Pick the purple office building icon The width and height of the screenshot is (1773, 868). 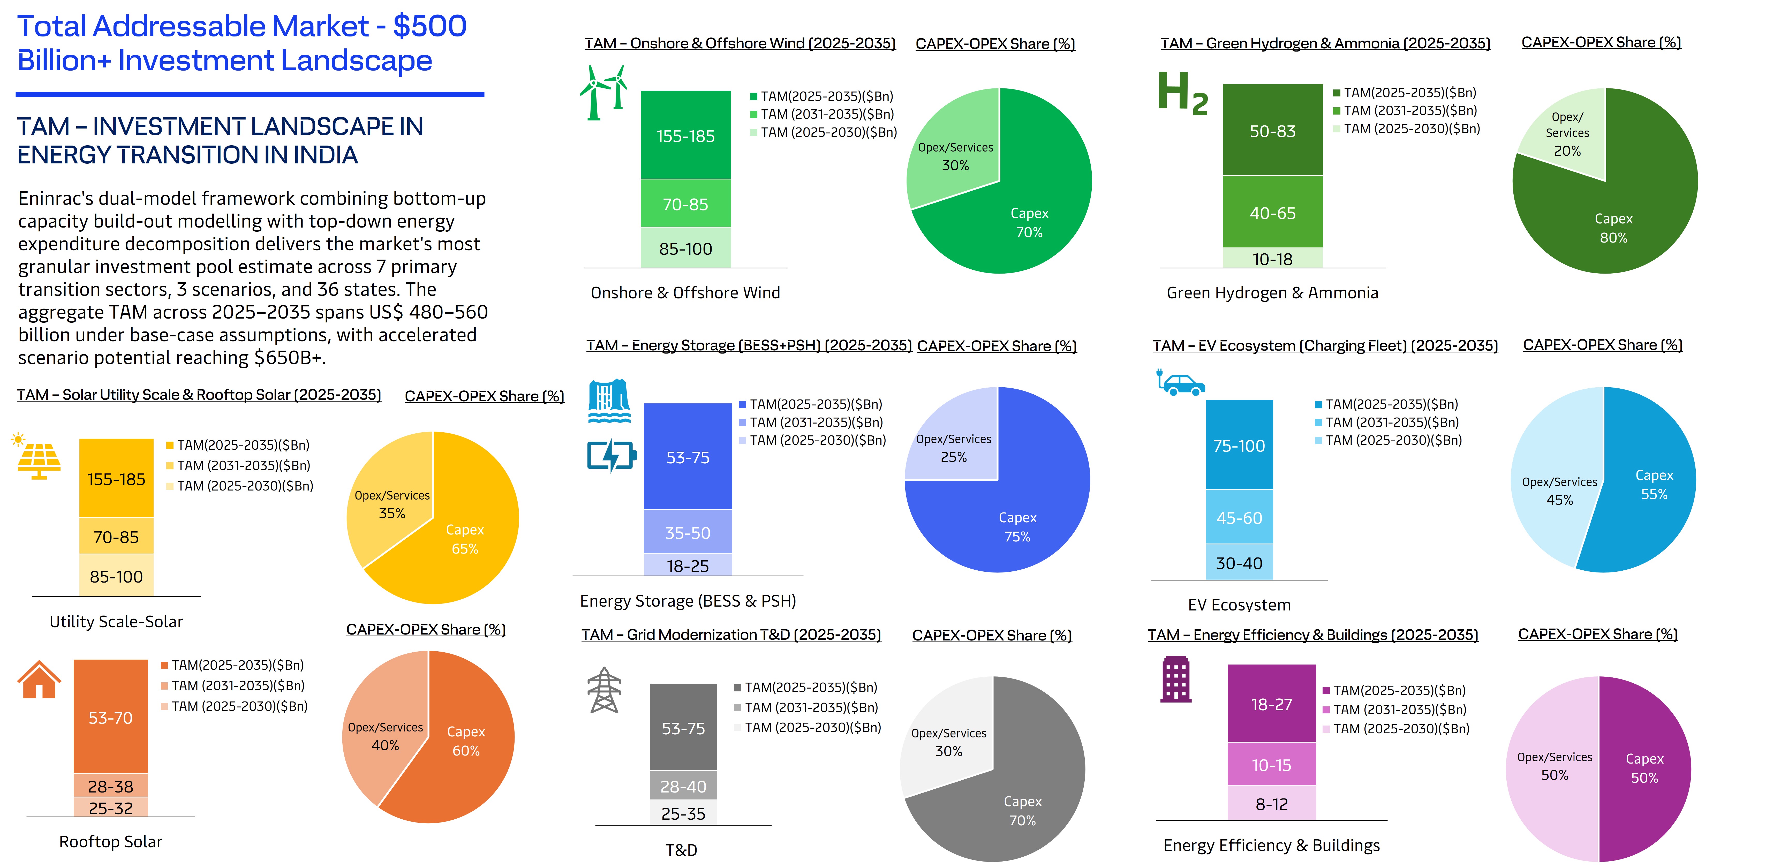point(1175,680)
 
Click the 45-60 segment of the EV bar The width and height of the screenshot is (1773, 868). point(1239,518)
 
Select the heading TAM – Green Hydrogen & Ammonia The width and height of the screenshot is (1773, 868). point(1325,43)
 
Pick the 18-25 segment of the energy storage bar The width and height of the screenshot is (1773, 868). point(688,565)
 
